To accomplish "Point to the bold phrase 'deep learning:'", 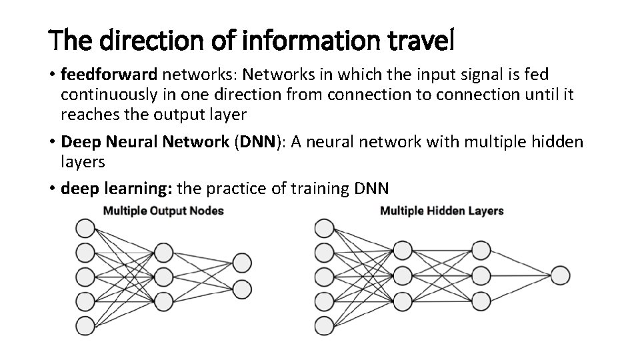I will (x=117, y=189).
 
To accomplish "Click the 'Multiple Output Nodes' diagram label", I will (x=163, y=211).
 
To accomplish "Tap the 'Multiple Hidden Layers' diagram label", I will (x=441, y=211).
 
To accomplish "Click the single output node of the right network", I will (x=559, y=276).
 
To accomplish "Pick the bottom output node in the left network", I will (x=241, y=289).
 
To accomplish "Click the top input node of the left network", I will (x=85, y=229).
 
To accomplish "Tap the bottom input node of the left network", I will (x=85, y=325).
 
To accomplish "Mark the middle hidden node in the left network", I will (x=163, y=276).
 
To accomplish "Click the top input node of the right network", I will (x=324, y=229).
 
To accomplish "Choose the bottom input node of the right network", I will (x=324, y=325).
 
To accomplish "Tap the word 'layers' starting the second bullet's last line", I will (x=83, y=162).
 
